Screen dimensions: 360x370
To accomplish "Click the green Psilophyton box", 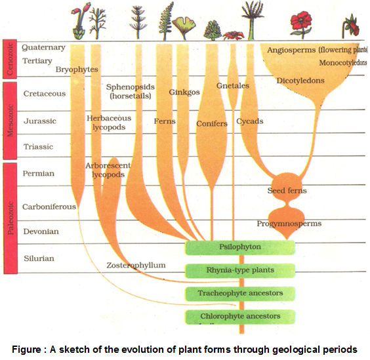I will click(239, 247).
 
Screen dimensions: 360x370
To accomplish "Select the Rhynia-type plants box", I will click(239, 270).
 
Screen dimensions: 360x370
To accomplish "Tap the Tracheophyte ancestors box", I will click(239, 293).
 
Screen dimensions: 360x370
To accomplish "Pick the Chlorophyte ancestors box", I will click(239, 317).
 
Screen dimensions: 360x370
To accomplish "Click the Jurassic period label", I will click(40, 121).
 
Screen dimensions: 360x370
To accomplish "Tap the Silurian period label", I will click(39, 258).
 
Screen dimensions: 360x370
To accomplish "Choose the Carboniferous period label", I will click(49, 207).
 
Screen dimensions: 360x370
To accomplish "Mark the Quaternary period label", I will click(43, 47).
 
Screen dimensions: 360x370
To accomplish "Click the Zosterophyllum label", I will click(136, 265).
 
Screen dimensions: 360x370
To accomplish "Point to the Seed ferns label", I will click(287, 191).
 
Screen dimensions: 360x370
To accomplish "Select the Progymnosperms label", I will click(289, 224).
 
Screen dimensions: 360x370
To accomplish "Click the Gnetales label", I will click(232, 86).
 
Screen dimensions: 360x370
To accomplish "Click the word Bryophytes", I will click(76, 68).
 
